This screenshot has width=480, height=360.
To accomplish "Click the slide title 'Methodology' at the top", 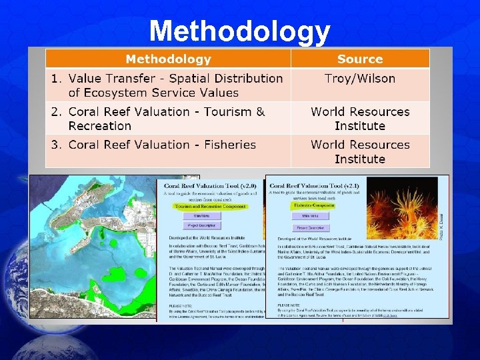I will pos(239,31).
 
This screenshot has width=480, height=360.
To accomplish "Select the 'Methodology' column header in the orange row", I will pos(168,59).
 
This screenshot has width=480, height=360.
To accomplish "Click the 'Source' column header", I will pos(360,59).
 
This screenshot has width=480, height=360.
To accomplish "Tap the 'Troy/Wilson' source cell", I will pos(360,79).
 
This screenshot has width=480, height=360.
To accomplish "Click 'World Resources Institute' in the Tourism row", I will pos(360,119).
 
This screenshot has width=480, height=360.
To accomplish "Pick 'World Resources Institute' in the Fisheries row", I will pos(360,151).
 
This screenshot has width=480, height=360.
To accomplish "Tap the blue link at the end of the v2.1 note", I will pos(389,315).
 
